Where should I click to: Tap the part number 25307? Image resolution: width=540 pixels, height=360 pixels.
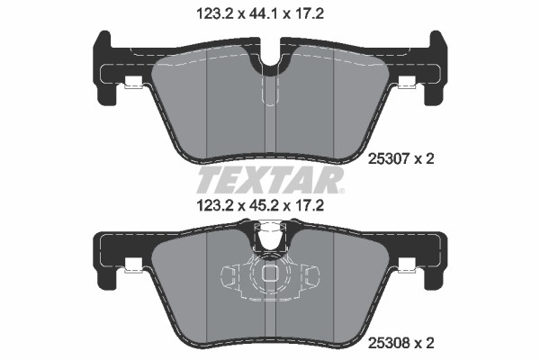pyautogui.click(x=389, y=159)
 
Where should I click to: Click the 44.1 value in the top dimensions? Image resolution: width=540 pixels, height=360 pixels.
pyautogui.click(x=259, y=14)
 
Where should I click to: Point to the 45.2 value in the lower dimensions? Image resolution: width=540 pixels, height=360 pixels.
pyautogui.click(x=259, y=206)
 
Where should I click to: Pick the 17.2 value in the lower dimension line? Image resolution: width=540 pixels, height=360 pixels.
pyautogui.click(x=308, y=206)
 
